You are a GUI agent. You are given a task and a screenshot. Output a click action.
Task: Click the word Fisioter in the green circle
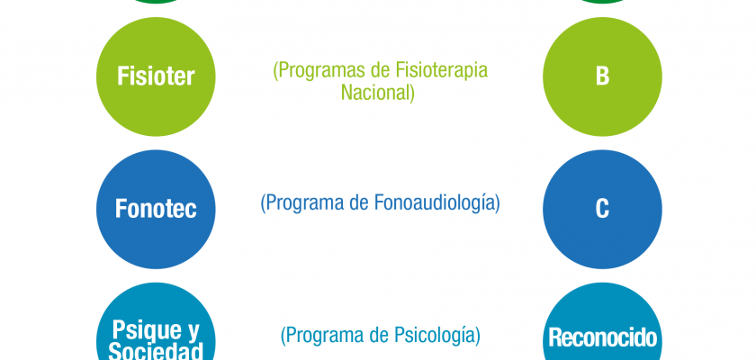156,76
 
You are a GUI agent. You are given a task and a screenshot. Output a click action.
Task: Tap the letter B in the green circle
602,76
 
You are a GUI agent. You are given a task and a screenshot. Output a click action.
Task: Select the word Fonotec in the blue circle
156,209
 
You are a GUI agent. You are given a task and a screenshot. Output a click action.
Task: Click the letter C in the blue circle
602,209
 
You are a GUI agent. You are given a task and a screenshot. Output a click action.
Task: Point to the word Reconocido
603,337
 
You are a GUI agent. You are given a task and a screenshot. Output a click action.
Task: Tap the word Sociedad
156,350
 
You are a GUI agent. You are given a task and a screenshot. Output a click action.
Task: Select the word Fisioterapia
442,71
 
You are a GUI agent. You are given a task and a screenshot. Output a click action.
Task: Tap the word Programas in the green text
321,71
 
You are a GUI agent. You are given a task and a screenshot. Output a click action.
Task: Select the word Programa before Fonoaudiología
306,203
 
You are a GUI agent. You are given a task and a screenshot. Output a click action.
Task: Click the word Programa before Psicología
326,336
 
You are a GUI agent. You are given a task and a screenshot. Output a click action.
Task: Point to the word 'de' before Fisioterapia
380,70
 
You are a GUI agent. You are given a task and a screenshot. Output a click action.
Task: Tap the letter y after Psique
192,331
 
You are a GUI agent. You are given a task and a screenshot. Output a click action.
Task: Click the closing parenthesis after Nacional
412,93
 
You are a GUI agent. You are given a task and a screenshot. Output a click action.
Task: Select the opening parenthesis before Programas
275,71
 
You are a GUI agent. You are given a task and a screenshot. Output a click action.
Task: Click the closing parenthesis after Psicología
477,336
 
